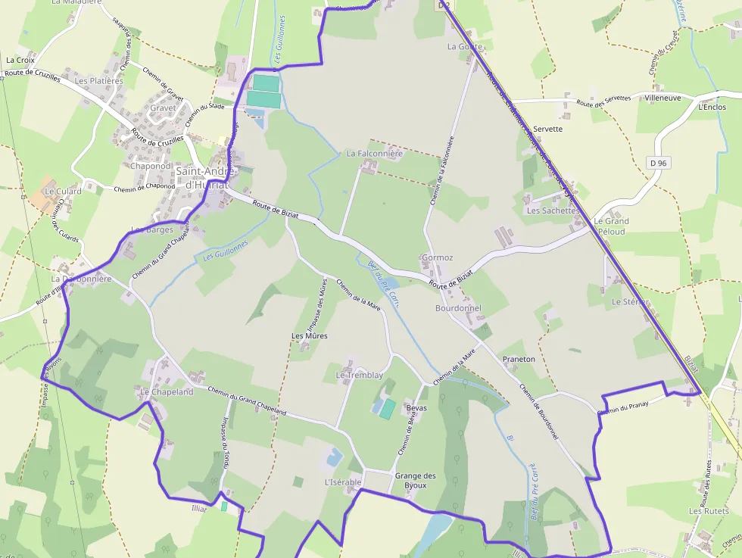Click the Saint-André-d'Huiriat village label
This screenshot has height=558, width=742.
tap(207, 178)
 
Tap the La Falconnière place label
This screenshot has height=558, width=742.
tap(375, 153)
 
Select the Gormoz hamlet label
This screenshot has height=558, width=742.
tap(438, 257)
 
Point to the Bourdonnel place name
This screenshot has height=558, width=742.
tap(458, 308)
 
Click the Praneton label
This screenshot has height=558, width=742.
tap(519, 359)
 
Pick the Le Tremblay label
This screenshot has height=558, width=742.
tap(360, 376)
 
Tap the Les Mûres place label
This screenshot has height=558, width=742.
tap(310, 335)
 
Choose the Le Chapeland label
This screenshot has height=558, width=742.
tap(167, 392)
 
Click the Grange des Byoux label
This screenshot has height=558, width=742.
tap(416, 480)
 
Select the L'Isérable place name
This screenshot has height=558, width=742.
tap(343, 482)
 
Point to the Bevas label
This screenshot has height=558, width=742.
tap(416, 408)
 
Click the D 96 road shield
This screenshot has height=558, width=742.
tap(658, 163)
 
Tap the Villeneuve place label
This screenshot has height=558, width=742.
tap(662, 98)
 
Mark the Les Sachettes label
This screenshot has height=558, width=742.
tap(552, 210)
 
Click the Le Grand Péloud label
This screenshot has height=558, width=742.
tap(613, 226)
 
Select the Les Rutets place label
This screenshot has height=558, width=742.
tap(709, 511)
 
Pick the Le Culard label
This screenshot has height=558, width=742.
tap(63, 192)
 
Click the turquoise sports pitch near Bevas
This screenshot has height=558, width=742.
tap(387, 409)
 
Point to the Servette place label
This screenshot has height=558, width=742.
tap(547, 129)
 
